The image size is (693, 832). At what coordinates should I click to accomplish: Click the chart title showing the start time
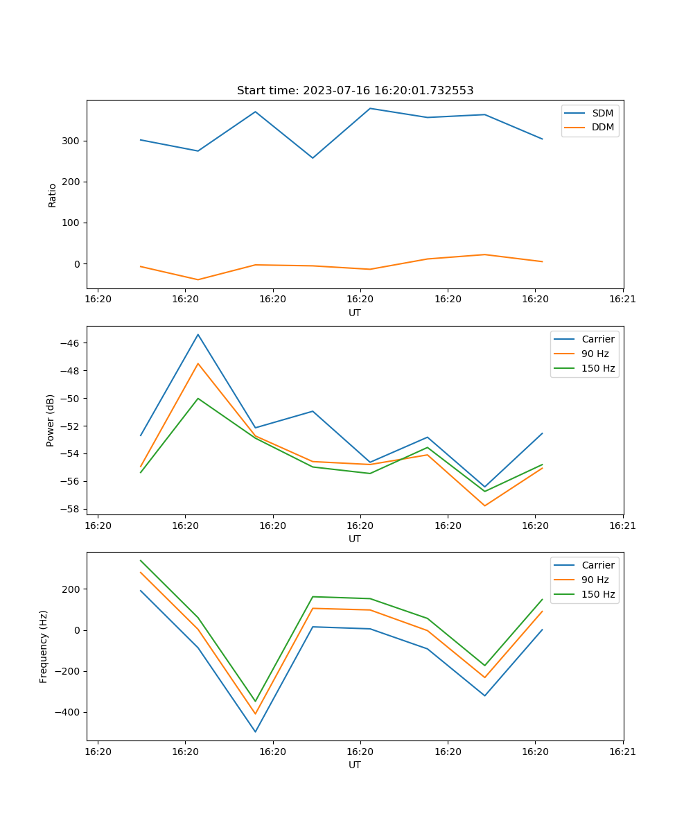coord(355,91)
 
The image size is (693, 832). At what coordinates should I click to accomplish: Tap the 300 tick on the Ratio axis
coord(71,141)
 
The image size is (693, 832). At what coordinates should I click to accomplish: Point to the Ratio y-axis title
coord(53,195)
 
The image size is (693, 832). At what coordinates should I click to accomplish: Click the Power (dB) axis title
coord(51,421)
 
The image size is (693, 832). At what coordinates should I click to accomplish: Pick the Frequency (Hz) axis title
coord(44,646)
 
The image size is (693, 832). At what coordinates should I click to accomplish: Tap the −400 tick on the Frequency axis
coord(67,712)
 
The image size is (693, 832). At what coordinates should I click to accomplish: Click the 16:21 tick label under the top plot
coord(622,300)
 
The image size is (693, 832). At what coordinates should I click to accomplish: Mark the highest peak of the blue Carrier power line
coord(198,335)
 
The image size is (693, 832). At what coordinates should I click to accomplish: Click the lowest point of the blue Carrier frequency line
coord(255,731)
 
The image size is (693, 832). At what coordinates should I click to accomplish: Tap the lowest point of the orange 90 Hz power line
coord(484,505)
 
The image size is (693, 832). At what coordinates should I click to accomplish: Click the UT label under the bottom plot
coord(355,765)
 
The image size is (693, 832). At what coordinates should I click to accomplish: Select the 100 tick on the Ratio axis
coord(71,223)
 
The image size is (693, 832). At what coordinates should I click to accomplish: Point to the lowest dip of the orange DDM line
coord(198,279)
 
